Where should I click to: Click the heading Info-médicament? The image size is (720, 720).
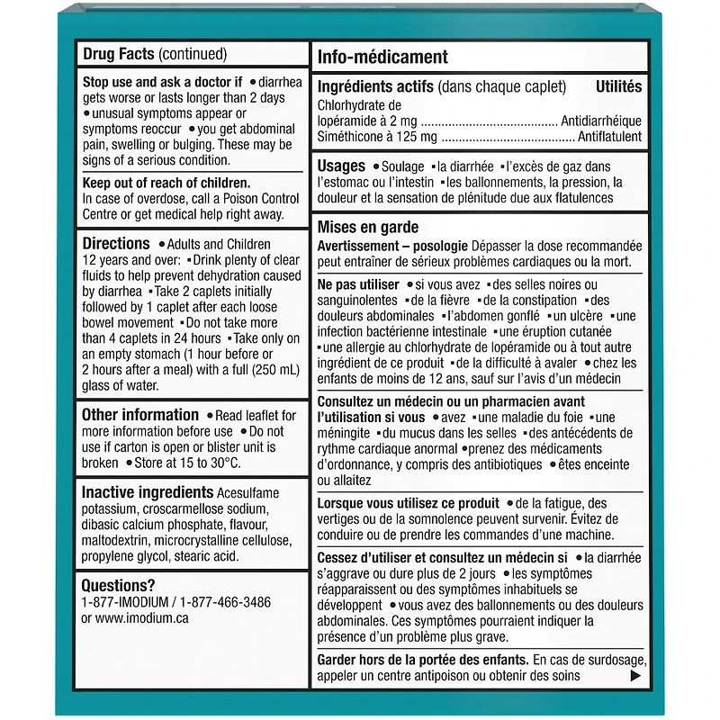(x=382, y=58)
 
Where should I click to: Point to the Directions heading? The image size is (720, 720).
(x=115, y=244)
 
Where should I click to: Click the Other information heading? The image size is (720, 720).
(x=139, y=415)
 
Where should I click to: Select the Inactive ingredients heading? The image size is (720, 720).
(x=147, y=492)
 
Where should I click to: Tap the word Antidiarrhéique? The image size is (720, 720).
(x=600, y=121)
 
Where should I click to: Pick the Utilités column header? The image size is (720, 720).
(x=618, y=87)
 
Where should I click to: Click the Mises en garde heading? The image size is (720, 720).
(x=367, y=228)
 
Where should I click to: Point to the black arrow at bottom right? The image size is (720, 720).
(x=635, y=676)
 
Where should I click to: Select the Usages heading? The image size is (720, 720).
(x=341, y=166)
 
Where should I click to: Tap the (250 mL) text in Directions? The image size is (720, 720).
(x=254, y=370)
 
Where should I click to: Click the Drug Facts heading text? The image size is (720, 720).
(x=117, y=54)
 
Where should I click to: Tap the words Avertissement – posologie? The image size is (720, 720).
(x=393, y=246)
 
